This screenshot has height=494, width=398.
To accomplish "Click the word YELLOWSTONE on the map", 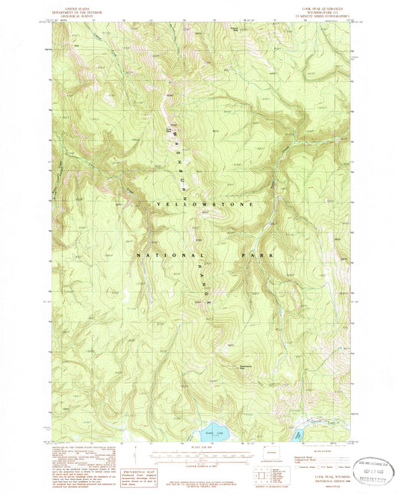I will (x=205, y=203).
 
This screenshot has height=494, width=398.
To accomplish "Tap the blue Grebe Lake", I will (x=203, y=433).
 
